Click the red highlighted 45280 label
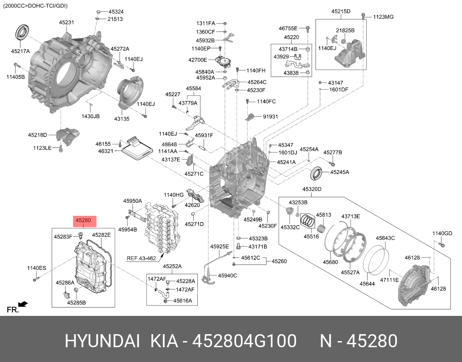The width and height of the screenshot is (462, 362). [83, 221]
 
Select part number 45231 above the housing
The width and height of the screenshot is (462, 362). [66, 22]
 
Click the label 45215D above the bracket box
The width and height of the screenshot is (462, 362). [341, 11]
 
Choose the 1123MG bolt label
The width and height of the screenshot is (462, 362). [383, 17]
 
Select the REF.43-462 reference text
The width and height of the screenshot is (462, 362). [141, 258]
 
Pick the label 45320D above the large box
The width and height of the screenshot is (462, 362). [312, 189]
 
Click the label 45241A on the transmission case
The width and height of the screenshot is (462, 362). [286, 162]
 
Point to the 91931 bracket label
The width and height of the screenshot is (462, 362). [270, 117]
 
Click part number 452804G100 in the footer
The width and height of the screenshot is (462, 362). [245, 341]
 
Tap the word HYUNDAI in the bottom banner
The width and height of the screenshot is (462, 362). [102, 341]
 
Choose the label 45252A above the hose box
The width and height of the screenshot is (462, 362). [172, 266]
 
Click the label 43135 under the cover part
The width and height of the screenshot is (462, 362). [122, 119]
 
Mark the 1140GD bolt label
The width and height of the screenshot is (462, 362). [442, 234]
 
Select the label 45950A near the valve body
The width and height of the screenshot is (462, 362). [132, 201]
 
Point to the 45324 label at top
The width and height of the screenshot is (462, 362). [116, 11]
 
